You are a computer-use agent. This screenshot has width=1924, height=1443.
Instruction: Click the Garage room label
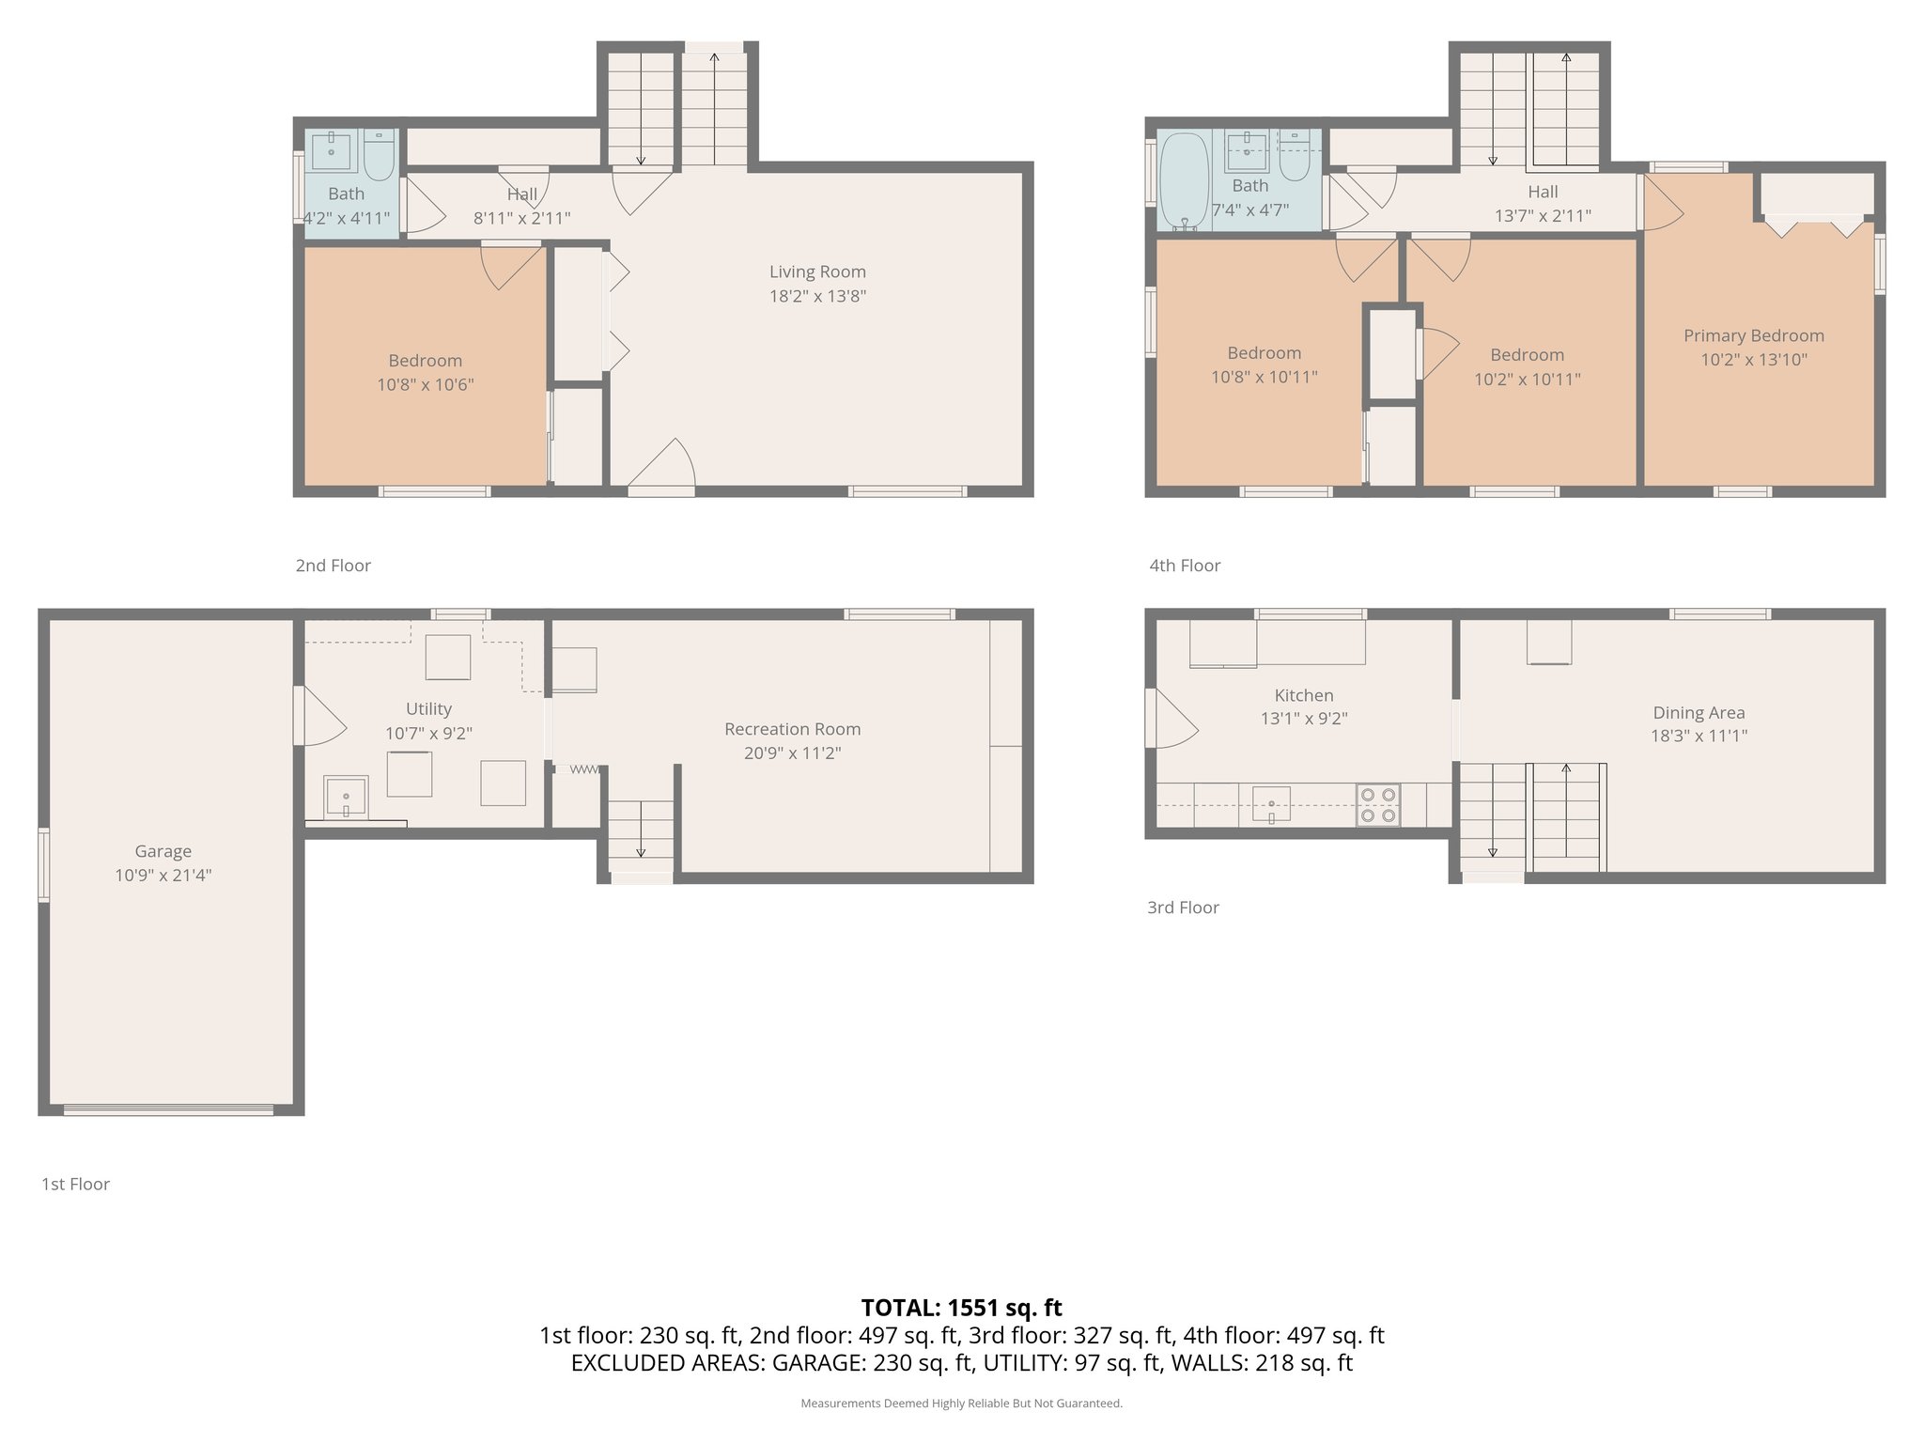pos(163,851)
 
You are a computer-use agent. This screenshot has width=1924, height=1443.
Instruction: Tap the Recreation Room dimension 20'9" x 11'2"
pos(792,753)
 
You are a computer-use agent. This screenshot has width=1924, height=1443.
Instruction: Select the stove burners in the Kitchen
pos(1377,805)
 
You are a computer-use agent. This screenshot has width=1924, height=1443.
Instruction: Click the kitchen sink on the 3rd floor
pos(1270,805)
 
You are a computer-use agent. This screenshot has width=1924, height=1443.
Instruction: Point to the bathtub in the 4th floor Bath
pos(1183,181)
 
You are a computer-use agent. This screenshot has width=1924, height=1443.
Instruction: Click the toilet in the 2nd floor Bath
pos(379,155)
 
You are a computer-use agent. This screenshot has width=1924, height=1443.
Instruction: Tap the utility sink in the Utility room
pos(345,797)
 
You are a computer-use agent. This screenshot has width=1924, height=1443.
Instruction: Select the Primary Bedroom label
pos(1753,335)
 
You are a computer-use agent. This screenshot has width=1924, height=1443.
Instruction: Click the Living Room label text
pos(817,272)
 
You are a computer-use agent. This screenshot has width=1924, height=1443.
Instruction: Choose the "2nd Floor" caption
pos(333,566)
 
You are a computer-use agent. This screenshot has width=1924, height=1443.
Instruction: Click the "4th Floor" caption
pos(1185,566)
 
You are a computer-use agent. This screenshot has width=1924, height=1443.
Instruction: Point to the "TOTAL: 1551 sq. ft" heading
pos(961,1308)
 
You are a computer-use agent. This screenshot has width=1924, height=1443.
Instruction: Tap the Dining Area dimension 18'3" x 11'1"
pos(1699,737)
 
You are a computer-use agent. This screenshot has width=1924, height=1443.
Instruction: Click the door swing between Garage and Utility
pos(319,718)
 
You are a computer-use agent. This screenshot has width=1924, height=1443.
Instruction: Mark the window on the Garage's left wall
pos(43,865)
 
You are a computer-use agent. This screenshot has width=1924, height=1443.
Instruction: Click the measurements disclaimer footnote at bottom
pos(961,1404)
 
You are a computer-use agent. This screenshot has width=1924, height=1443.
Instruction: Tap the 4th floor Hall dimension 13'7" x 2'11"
pos(1543,216)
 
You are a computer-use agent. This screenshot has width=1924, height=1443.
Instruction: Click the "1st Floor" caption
pos(75,1185)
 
